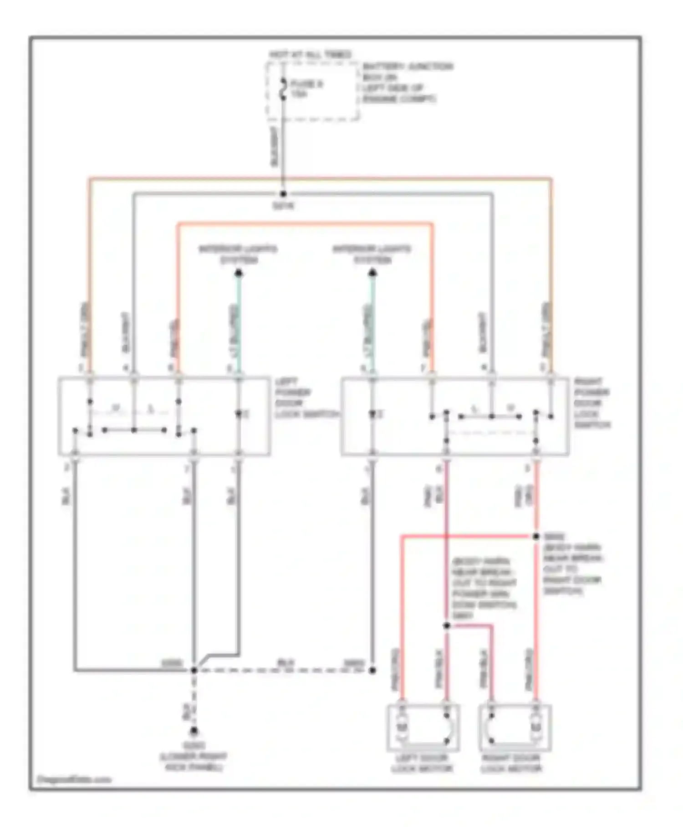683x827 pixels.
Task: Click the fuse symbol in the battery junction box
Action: (283, 89)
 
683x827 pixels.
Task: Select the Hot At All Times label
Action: (310, 55)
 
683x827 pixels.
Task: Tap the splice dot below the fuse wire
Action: (283, 194)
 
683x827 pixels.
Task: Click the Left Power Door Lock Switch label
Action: (306, 398)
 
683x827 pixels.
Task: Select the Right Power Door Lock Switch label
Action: (592, 403)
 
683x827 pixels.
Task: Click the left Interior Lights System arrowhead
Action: (238, 273)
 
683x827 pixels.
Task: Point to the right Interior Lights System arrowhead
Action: (372, 273)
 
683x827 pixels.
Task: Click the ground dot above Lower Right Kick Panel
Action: (194, 731)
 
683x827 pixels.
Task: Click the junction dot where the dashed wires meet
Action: (194, 670)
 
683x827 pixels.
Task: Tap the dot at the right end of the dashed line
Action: (372, 670)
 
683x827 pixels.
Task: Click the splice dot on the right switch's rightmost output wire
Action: (536, 537)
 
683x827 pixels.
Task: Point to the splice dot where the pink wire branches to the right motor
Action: (446, 625)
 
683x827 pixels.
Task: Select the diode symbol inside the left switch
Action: (238, 414)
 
